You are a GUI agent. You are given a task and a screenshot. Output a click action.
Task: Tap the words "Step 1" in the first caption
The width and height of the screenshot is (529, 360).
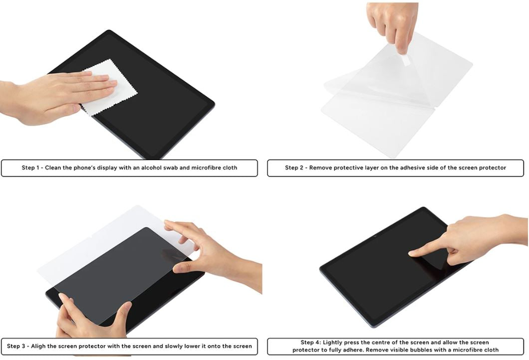[x=30, y=168]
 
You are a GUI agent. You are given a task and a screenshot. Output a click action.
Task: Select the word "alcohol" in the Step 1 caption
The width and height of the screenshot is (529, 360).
[x=151, y=168]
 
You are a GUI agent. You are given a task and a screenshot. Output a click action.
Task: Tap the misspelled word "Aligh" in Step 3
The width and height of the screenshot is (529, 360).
[x=38, y=346]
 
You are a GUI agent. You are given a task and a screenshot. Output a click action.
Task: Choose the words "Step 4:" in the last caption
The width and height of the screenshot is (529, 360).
[x=311, y=343]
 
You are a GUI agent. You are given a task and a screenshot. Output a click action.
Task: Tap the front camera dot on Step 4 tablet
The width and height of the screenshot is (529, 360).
[x=375, y=237]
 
